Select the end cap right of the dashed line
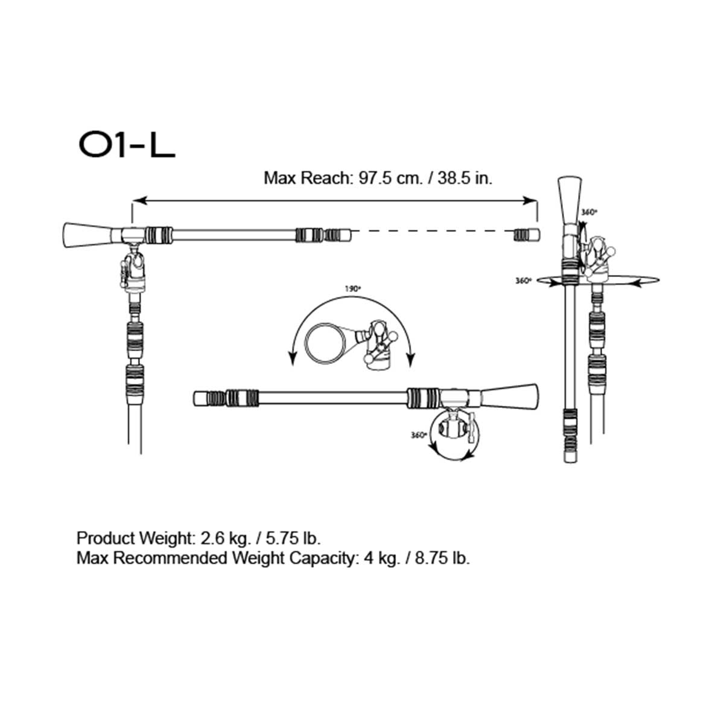(526, 234)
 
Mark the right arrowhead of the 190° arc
(411, 361)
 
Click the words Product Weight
(133, 538)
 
